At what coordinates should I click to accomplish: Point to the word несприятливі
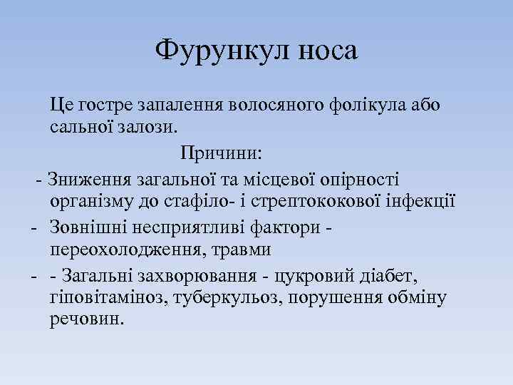pyautogui.click(x=193, y=227)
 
